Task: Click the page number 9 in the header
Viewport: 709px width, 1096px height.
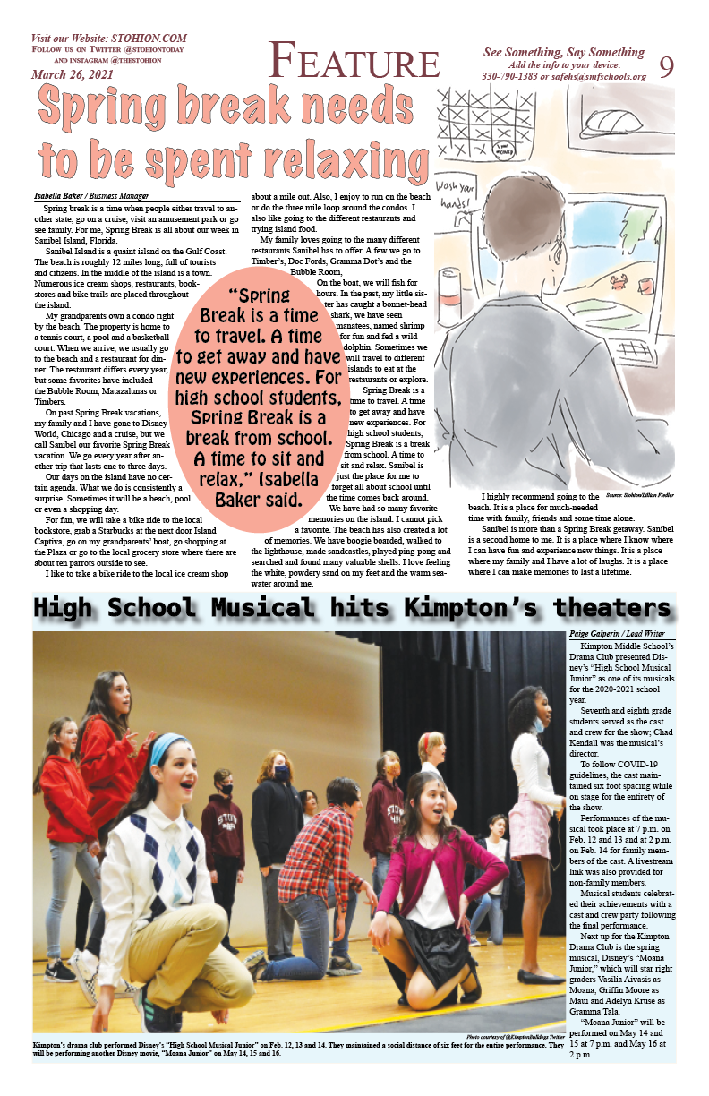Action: point(666,65)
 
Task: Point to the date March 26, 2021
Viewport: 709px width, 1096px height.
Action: point(73,74)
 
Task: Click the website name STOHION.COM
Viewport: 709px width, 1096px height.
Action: point(149,39)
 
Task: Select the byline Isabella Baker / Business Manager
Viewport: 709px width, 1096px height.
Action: point(91,195)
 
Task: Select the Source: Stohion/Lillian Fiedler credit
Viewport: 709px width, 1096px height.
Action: point(639,494)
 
